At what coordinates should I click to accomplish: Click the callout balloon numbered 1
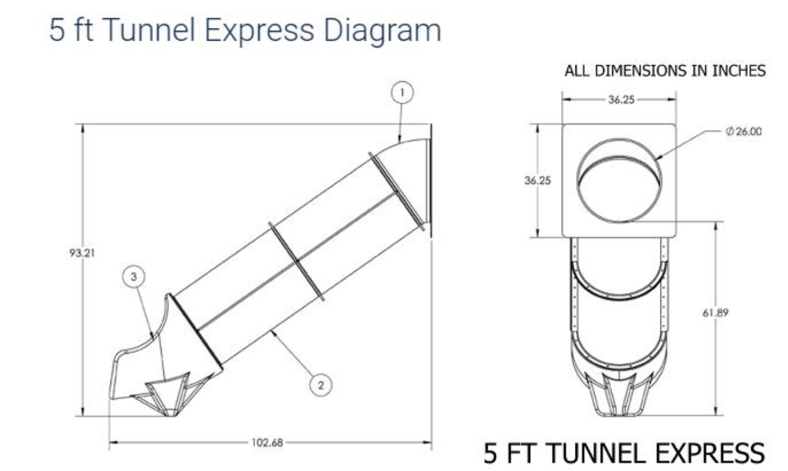coord(402,93)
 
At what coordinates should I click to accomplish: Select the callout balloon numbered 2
coord(321,385)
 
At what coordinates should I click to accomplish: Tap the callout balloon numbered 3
coord(134,276)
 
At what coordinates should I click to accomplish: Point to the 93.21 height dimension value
coord(82,253)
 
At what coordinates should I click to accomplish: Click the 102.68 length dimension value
coord(267,442)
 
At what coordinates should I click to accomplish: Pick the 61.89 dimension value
coord(715,313)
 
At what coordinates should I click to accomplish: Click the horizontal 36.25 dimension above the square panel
coord(622,100)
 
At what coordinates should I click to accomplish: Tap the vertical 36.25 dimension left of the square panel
coord(538,180)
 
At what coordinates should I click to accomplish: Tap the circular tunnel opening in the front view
coord(619,180)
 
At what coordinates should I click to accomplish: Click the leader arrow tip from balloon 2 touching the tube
coord(272,330)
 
